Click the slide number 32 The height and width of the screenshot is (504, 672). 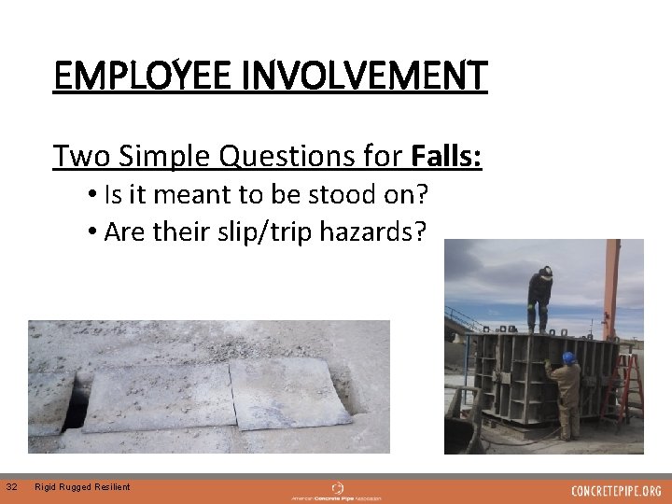click(x=11, y=486)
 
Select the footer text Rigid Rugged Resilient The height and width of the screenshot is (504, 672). click(x=82, y=486)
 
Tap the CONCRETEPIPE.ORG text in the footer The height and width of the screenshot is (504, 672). click(x=616, y=491)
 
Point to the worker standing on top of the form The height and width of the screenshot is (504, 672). click(x=539, y=298)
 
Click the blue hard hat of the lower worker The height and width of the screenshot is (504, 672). click(x=568, y=357)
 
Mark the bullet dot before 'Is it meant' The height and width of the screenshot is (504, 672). click(x=96, y=195)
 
